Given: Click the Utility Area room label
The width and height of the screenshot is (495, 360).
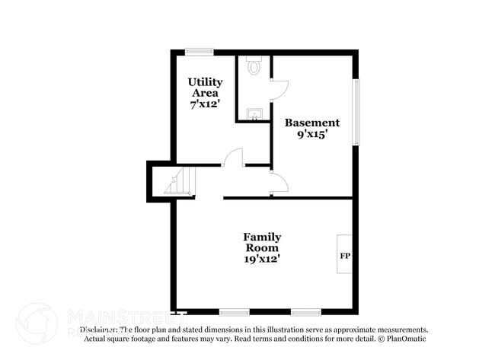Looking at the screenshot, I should tap(205, 87).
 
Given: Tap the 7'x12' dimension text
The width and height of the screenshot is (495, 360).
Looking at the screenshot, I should tap(205, 104).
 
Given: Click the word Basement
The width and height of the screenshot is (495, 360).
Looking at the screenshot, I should tap(312, 123).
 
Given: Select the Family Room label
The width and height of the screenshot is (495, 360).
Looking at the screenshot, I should tap(262, 242).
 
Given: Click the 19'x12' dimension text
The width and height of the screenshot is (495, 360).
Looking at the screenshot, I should tap(262, 259).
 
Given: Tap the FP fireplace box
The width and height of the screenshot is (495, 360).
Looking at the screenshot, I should tap(344, 255).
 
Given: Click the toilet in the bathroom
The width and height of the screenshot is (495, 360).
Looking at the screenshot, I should tap(254, 67).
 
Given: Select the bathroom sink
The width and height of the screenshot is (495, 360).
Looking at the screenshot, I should tap(254, 115).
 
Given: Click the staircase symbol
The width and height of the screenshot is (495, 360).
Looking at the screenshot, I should tap(180, 182).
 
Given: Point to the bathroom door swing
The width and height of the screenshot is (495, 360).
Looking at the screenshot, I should tap(279, 91).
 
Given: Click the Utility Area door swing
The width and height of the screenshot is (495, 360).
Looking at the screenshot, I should tap(233, 157).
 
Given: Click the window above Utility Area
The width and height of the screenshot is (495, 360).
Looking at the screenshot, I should tap(200, 52).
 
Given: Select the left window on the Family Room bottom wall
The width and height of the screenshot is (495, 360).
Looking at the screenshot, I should tap(234, 311).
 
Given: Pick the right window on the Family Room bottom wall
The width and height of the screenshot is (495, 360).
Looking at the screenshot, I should tap(305, 311).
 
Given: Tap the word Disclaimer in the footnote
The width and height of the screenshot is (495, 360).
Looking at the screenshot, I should tap(99, 330).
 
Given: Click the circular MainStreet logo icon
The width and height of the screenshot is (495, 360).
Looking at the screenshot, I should tap(37, 323).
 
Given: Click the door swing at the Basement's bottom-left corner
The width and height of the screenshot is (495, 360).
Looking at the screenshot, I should tap(279, 183).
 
